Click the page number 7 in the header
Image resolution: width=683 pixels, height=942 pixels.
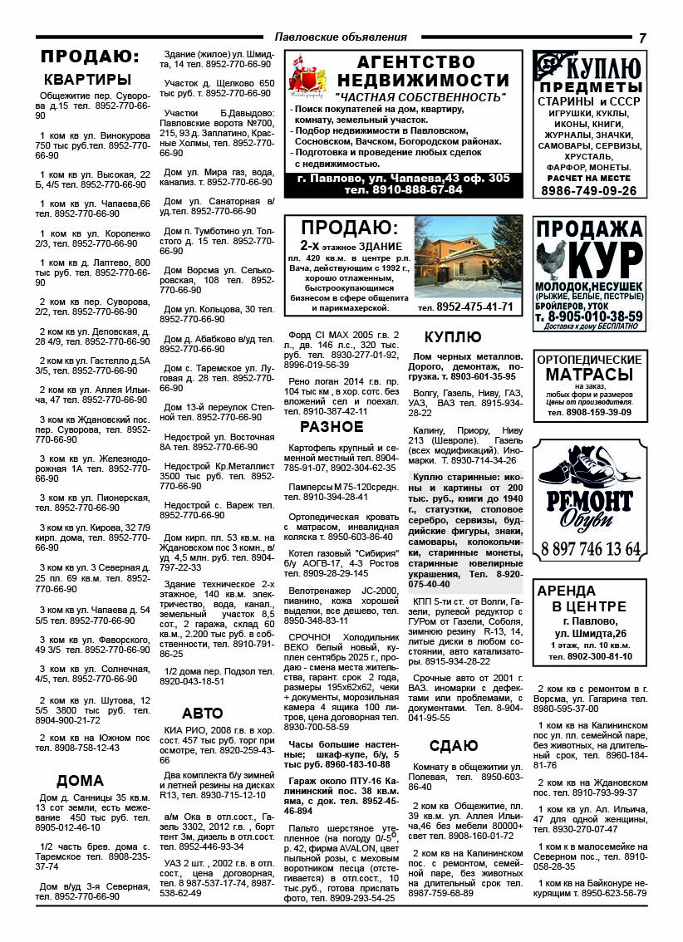point(642,38)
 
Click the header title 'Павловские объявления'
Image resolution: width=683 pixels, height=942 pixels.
point(341,37)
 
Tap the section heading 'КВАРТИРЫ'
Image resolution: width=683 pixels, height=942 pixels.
point(87,80)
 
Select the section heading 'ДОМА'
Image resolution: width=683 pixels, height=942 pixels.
point(80,780)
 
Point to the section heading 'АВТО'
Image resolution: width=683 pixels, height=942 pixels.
point(203,713)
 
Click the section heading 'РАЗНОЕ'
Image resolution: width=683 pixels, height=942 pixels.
point(332,427)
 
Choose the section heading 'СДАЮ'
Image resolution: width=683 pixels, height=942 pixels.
point(454,744)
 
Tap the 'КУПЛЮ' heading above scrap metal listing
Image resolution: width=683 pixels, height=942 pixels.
point(453,336)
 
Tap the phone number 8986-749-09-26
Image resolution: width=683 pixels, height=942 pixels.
point(588,190)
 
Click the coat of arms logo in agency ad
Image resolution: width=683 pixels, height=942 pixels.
point(304,76)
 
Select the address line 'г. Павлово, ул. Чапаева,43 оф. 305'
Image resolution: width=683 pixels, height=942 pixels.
point(403,178)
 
